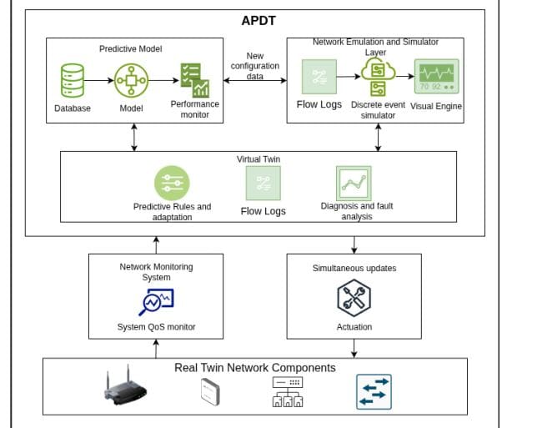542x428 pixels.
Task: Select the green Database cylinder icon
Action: [73, 81]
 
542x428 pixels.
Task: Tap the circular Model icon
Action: [131, 81]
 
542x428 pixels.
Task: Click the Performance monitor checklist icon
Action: [194, 80]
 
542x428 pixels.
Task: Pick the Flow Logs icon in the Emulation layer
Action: [319, 78]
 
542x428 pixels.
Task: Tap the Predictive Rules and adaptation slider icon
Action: [172, 182]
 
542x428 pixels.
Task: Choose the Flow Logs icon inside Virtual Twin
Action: [263, 183]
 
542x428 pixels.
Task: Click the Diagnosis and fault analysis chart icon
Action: [353, 182]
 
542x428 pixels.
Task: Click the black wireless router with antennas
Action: [125, 388]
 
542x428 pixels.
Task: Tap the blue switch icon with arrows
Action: [374, 391]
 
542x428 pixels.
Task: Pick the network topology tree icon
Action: [288, 391]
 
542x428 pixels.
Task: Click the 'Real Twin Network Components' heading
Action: [254, 368]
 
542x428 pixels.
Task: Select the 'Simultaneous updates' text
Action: [354, 268]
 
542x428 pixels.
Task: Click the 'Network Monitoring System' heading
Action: [156, 272]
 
